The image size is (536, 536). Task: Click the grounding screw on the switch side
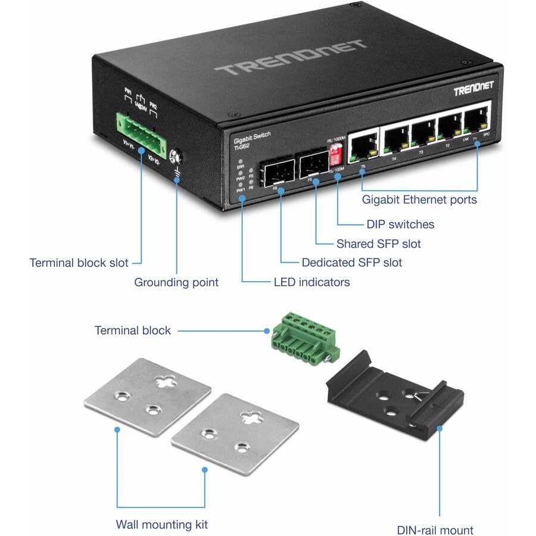point(176,157)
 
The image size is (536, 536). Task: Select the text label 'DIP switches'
point(400,225)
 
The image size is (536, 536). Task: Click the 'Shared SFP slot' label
point(378,244)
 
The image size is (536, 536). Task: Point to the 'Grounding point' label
point(176,282)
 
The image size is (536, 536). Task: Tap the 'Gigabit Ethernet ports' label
point(419,200)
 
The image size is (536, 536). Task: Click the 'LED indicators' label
point(311,282)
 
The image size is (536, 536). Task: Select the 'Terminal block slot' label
point(79,263)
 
